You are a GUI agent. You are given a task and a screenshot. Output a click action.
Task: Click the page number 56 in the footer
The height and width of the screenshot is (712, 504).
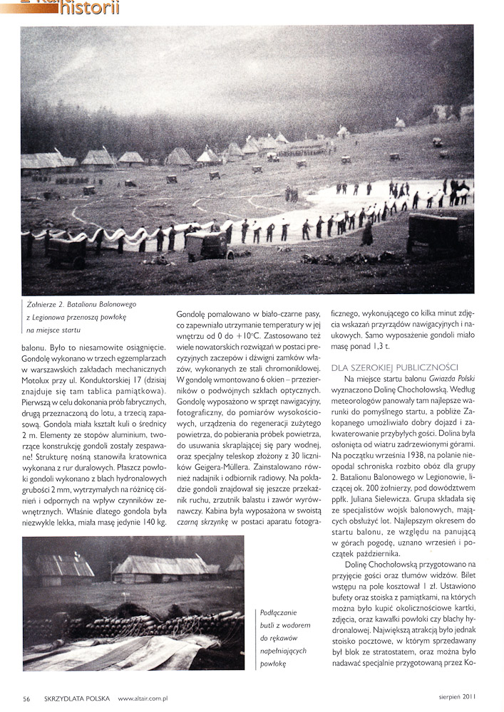[x=26, y=698]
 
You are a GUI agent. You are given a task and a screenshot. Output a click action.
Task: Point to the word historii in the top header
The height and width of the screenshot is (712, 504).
[x=89, y=8]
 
